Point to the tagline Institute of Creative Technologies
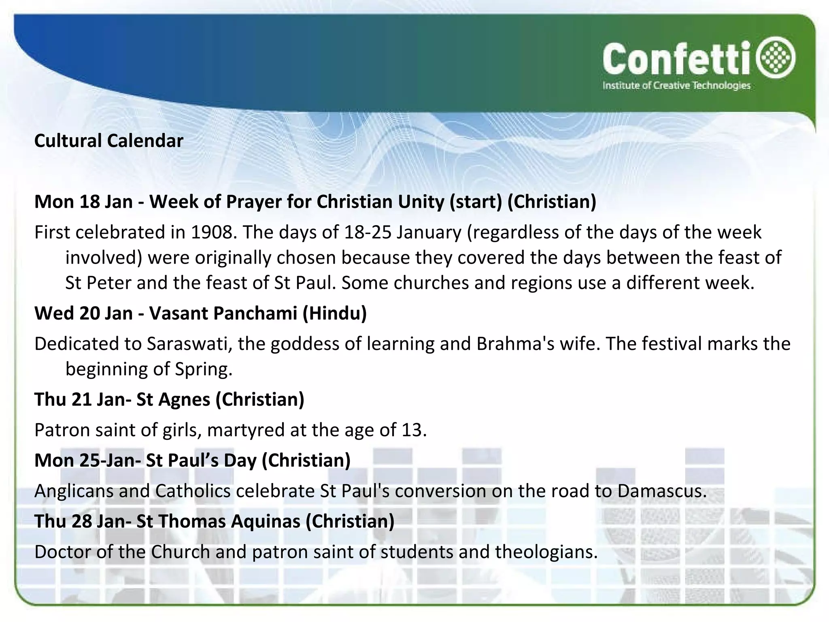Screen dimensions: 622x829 676,85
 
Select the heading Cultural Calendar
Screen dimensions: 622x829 108,141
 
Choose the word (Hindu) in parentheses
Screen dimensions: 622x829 335,313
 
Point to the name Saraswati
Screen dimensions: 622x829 189,344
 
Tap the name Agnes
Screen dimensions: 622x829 184,399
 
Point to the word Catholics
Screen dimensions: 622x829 193,491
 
